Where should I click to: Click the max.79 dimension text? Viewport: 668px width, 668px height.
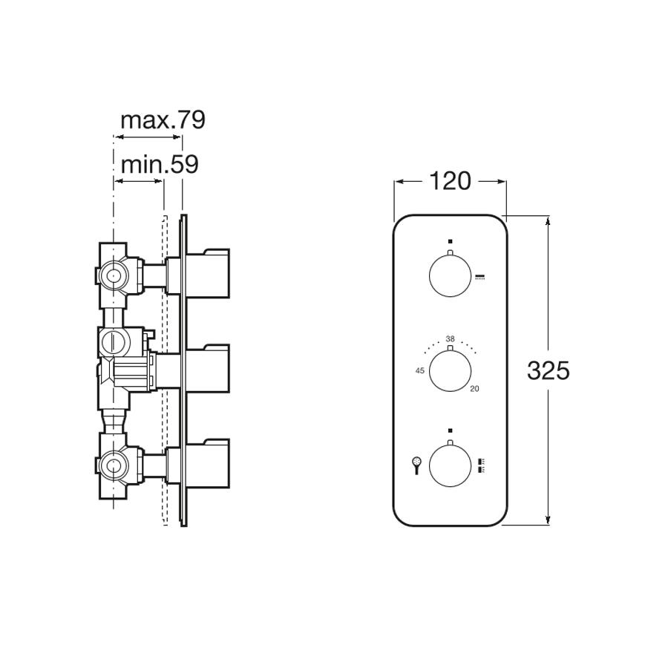tap(162, 119)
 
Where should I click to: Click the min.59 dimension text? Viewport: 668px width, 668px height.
tap(160, 164)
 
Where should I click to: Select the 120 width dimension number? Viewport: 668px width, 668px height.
tap(451, 180)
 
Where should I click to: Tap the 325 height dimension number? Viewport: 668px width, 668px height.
tap(548, 370)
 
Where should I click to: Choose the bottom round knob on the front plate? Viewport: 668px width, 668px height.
tap(450, 465)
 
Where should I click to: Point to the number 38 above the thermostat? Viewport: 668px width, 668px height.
tap(450, 338)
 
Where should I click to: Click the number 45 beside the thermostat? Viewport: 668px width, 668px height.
tap(419, 370)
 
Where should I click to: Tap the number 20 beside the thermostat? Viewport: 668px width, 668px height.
tap(474, 388)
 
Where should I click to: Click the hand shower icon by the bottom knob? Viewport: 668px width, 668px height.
tap(417, 465)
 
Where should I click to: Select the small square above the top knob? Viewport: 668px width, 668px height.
tap(450, 241)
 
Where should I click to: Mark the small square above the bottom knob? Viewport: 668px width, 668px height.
tap(450, 430)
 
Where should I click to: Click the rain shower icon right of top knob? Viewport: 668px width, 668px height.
tap(480, 278)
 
